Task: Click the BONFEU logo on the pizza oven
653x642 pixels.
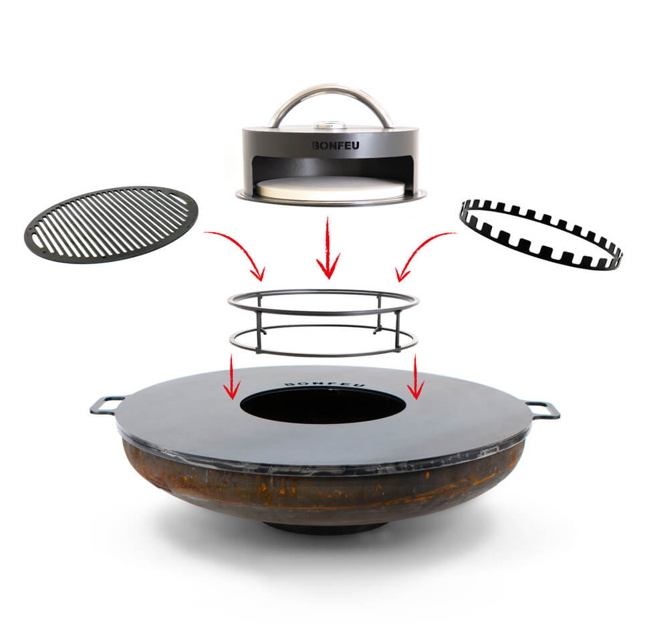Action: pos(331,144)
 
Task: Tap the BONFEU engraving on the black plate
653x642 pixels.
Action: pos(323,384)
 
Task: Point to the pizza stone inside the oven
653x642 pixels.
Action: pos(332,188)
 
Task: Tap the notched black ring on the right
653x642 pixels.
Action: pos(541,234)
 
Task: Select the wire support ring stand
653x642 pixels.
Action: pos(323,321)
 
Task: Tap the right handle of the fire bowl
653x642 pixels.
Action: pos(542,409)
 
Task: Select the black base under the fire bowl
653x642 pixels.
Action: pos(324,528)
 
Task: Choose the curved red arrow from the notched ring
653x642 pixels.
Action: pos(421,251)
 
